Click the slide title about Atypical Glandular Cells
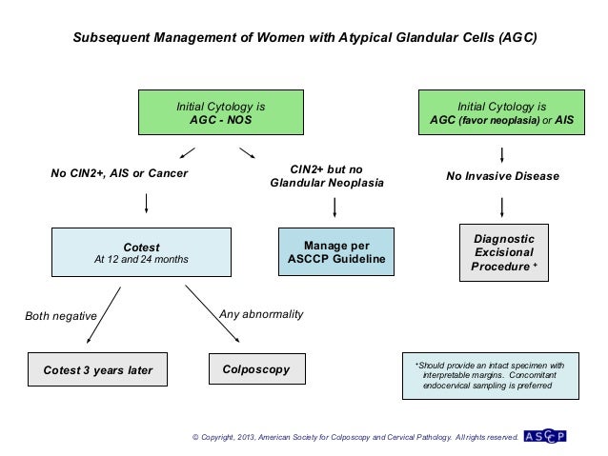[305, 42]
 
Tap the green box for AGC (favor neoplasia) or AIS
[501, 114]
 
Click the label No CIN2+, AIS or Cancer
[119, 173]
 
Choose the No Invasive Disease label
[502, 176]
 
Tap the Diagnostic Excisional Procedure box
[503, 252]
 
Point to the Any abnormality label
[261, 314]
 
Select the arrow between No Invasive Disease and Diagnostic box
[502, 206]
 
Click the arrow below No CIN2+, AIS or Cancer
[146, 203]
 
